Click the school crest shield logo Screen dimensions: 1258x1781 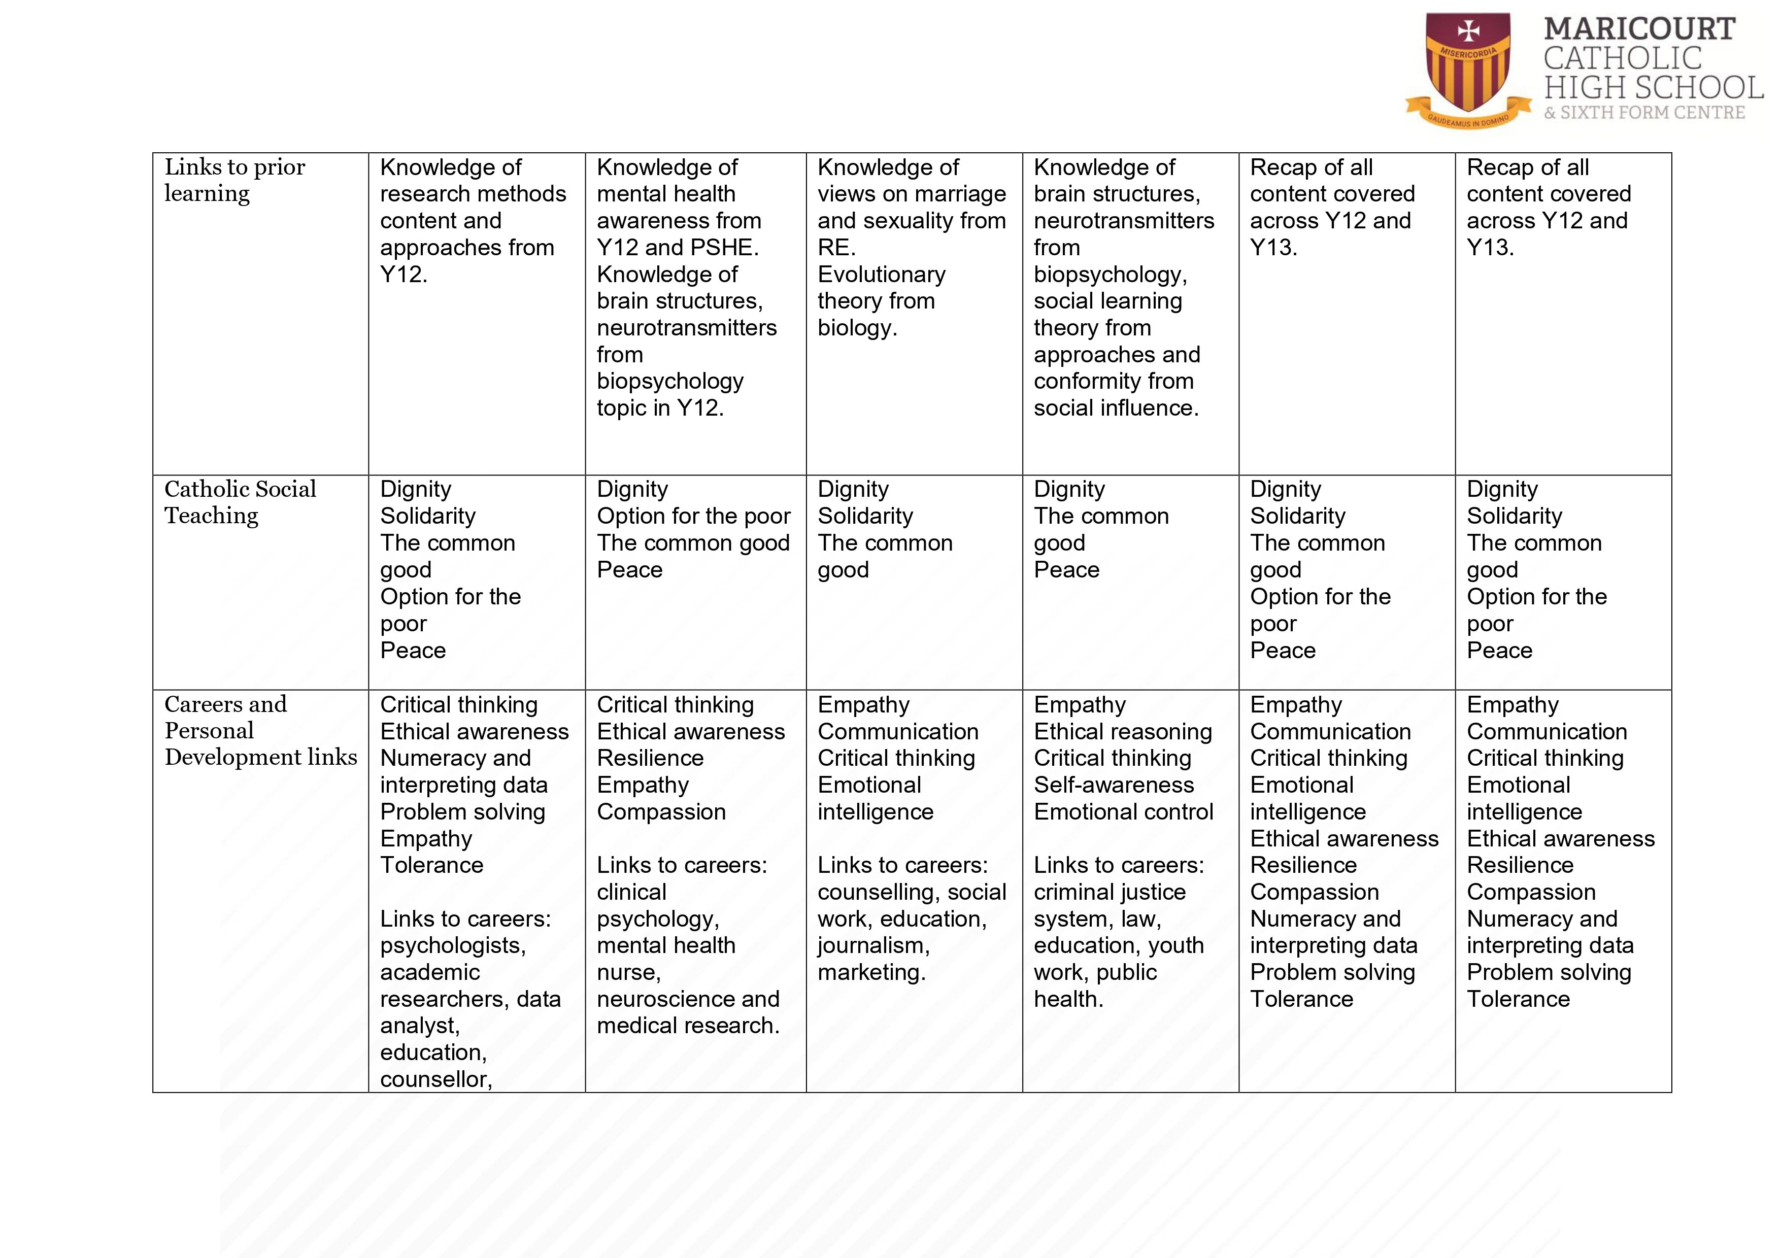click(x=1468, y=66)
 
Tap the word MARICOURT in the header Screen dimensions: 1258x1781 click(x=1638, y=29)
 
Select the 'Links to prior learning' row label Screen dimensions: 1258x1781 click(x=234, y=180)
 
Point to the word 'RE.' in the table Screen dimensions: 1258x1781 click(x=836, y=248)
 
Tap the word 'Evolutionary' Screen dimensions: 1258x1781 click(x=881, y=275)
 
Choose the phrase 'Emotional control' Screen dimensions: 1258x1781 click(x=1123, y=812)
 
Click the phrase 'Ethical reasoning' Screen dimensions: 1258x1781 click(x=1122, y=731)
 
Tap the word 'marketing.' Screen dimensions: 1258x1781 click(x=871, y=973)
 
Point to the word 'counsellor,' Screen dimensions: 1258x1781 click(x=436, y=1079)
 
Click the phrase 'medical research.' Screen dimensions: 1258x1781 click(x=687, y=1026)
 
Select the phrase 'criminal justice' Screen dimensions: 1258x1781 click(x=1109, y=893)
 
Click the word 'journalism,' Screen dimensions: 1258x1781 click(x=873, y=945)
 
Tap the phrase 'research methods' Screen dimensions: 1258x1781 click(x=473, y=194)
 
